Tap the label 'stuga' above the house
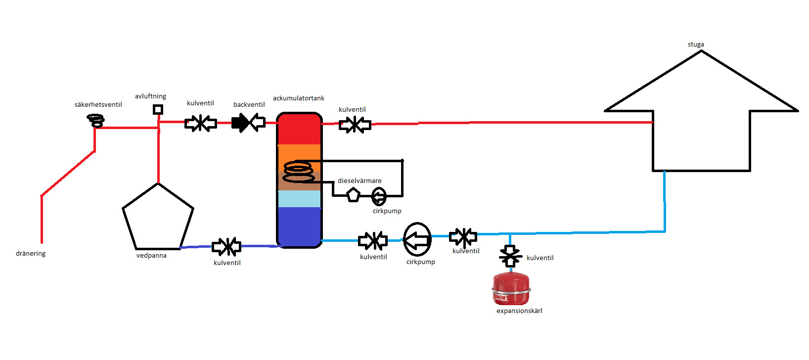point(696,45)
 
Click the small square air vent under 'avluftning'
point(158,109)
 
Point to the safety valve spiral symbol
point(96,120)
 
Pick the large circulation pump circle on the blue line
point(417,240)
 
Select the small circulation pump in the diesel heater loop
point(379,196)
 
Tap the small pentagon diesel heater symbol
point(353,194)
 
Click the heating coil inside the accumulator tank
point(299,172)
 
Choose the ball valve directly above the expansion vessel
point(510,256)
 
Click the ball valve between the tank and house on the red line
point(355,125)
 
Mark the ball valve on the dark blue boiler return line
point(226,246)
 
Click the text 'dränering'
point(31,254)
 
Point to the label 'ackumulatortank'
point(299,98)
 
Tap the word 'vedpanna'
point(151,256)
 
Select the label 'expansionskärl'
point(519,311)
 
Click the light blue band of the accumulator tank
point(299,199)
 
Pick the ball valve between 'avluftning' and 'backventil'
point(200,123)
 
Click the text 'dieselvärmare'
point(360,181)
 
